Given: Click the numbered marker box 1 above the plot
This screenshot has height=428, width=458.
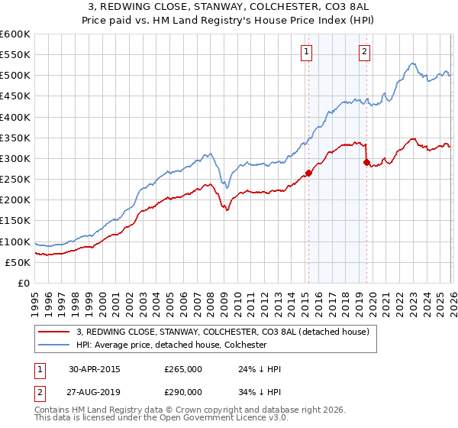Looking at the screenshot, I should tap(306, 52).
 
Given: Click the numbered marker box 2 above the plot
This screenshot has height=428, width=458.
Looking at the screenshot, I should tap(365, 52).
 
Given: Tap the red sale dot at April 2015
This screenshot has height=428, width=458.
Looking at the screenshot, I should tap(308, 173).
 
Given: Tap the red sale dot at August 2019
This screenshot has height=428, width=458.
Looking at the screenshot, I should tap(367, 162).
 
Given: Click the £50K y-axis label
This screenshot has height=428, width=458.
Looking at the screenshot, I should tap(18, 262).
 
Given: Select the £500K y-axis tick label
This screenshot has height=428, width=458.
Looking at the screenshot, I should tap(15, 76).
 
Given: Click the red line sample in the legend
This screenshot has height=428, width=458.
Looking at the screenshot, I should tap(55, 332).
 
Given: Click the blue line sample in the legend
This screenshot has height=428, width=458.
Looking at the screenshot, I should tap(55, 345).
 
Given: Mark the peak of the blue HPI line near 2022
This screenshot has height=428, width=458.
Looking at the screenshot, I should tap(411, 63).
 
